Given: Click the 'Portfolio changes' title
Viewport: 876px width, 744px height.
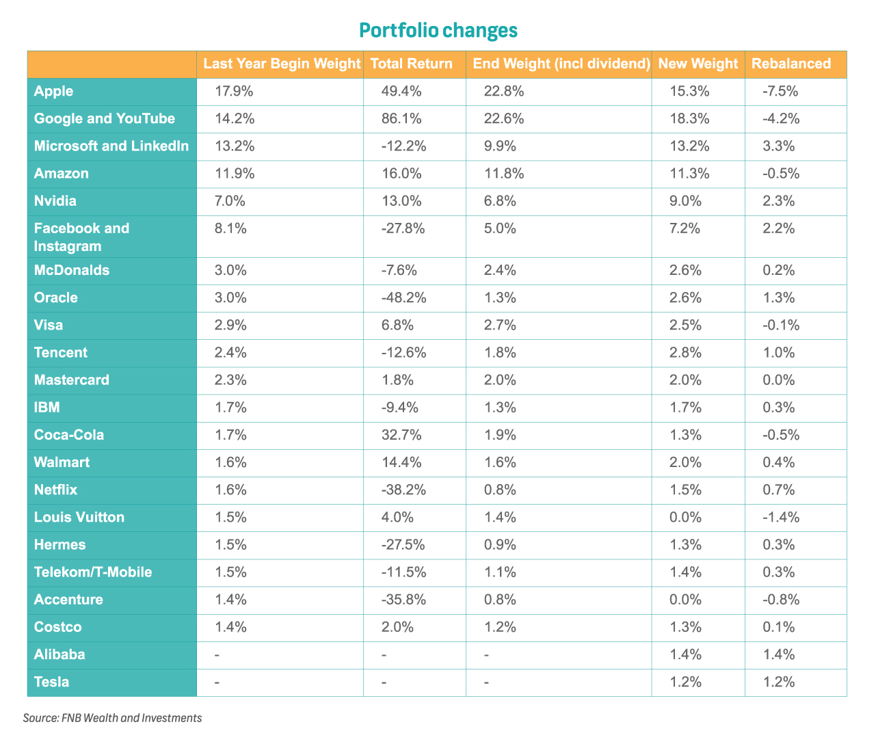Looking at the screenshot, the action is pyautogui.click(x=438, y=31).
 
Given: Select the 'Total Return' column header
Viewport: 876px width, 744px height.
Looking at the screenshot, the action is pyautogui.click(x=411, y=64).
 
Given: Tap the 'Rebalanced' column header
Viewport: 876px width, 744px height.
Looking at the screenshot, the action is pyautogui.click(x=791, y=64).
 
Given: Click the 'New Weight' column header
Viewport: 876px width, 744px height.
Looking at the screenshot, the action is pyautogui.click(x=698, y=64).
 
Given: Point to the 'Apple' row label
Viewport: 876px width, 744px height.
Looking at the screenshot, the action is pyautogui.click(x=53, y=91).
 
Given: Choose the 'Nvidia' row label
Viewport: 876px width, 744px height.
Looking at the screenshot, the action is pyautogui.click(x=55, y=201).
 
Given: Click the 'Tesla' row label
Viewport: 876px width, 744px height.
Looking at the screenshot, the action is pyautogui.click(x=51, y=682).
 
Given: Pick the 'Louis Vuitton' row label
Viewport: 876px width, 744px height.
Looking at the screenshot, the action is pyautogui.click(x=79, y=517).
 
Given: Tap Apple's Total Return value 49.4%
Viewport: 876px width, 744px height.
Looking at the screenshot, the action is pyautogui.click(x=401, y=91).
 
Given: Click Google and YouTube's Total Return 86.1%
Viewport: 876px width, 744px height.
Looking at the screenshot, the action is pyautogui.click(x=401, y=118).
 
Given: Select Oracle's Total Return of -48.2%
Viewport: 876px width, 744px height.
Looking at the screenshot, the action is pyautogui.click(x=403, y=298).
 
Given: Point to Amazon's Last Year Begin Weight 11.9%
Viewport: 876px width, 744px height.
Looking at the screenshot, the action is pyautogui.click(x=235, y=173).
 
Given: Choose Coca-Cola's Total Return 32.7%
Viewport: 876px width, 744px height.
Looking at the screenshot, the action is pyautogui.click(x=401, y=435).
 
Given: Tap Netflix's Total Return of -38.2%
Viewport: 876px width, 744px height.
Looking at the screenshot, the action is pyautogui.click(x=403, y=490).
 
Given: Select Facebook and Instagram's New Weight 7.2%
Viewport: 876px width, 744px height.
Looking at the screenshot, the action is pyautogui.click(x=685, y=228).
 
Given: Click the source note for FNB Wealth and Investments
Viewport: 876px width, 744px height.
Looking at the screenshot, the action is pyautogui.click(x=112, y=718).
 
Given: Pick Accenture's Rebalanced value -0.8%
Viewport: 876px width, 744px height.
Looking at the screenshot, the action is pyautogui.click(x=781, y=600).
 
